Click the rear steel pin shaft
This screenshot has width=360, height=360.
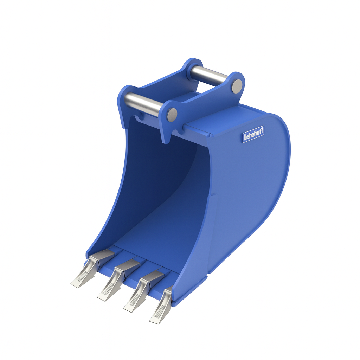pos(209,74)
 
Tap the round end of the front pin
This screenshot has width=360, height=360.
pos(172,115)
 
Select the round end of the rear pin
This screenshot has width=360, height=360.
pos(237,86)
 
